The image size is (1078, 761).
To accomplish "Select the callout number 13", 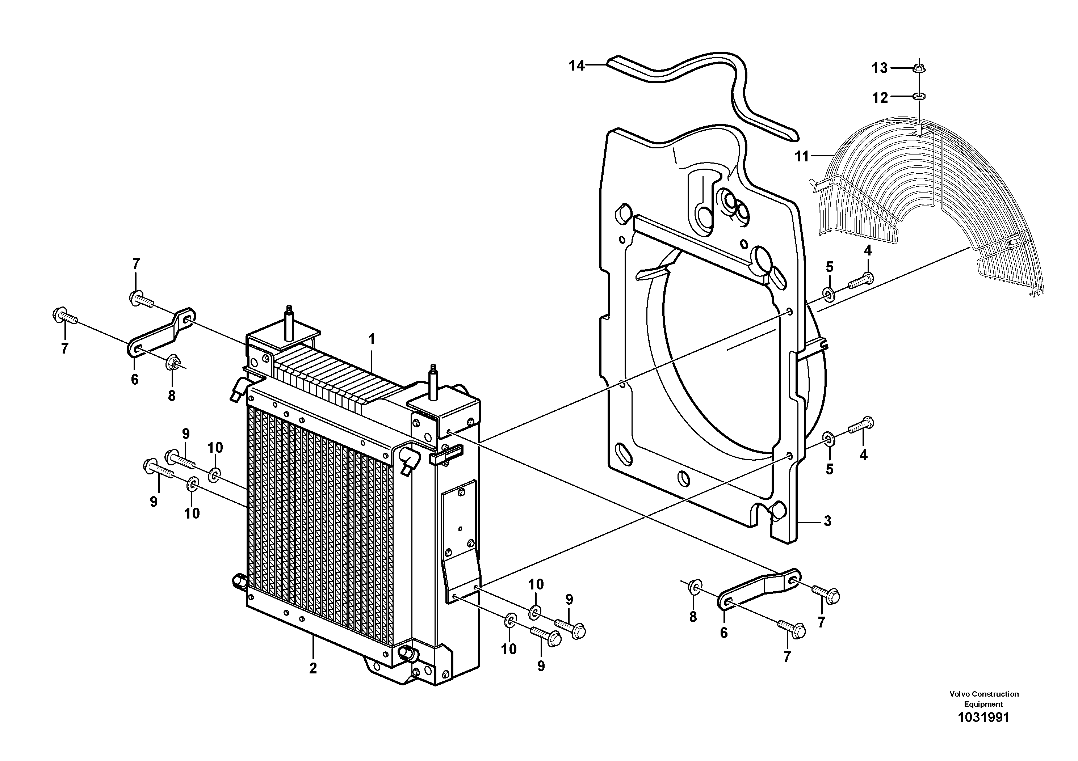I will [880, 68].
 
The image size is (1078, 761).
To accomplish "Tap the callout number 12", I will [880, 98].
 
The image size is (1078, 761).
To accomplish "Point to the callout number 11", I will [802, 156].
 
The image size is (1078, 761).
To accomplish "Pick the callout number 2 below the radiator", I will [313, 668].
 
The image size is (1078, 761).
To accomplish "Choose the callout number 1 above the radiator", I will [372, 339].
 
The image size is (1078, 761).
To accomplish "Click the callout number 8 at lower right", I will [693, 617].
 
